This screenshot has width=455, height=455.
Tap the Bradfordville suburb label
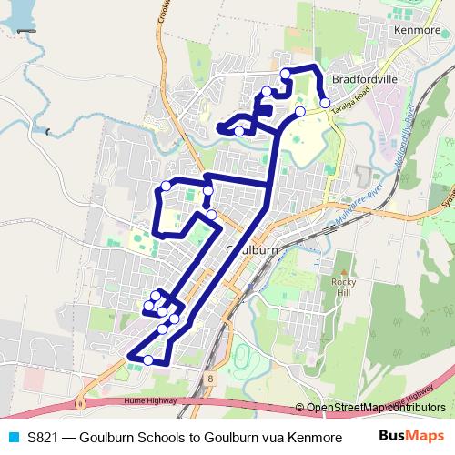coord(366,79)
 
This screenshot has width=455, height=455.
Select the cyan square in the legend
coord(11,436)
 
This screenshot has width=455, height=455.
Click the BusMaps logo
coord(412,435)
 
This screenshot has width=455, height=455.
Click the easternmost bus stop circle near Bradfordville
coord(325,103)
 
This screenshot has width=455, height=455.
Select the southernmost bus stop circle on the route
coord(148,360)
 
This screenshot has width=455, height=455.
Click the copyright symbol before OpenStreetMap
coord(300,408)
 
